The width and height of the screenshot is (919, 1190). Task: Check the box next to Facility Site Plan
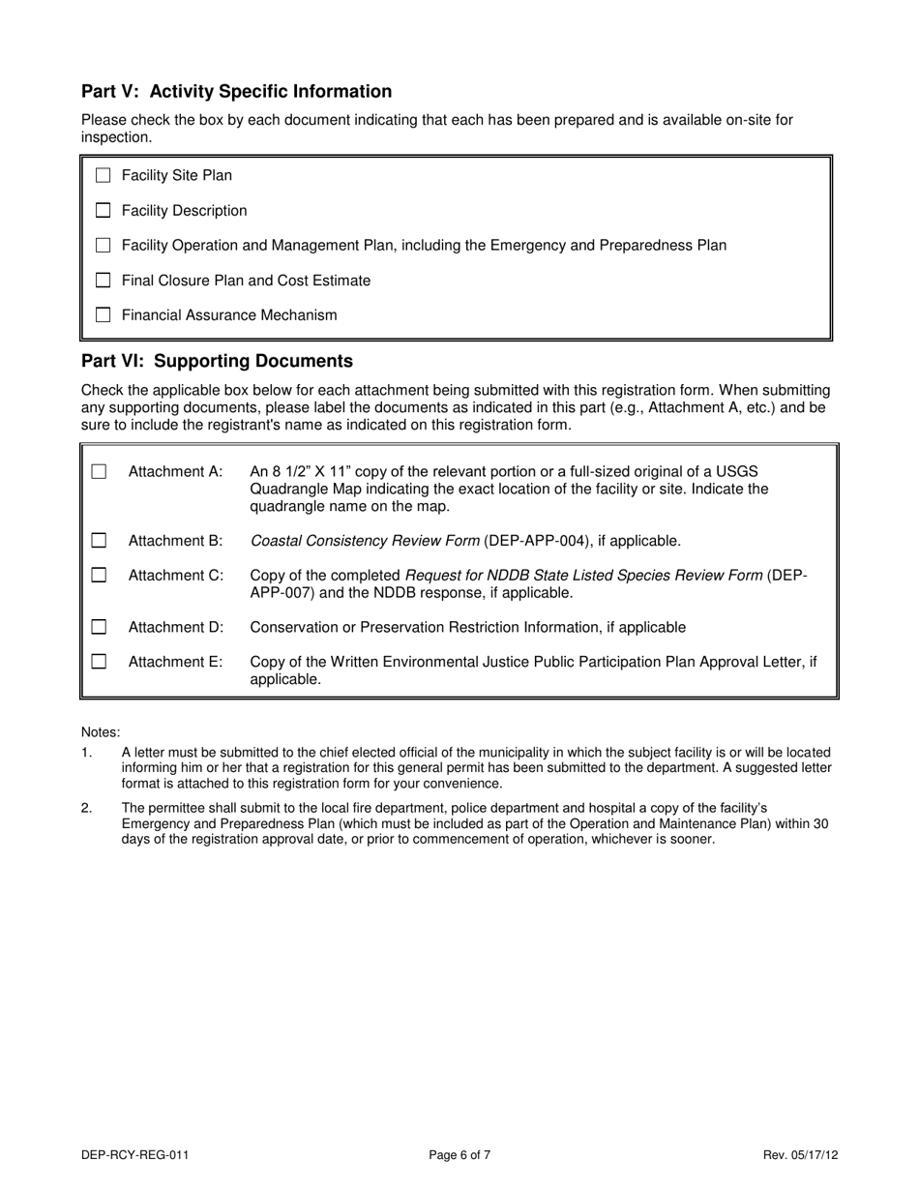tap(104, 176)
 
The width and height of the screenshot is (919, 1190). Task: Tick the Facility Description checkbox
tap(104, 211)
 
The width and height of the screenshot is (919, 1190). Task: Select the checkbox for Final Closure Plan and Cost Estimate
tap(104, 281)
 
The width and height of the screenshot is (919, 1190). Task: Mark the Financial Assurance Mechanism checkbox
tap(104, 315)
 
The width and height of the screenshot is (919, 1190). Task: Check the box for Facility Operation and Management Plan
tap(104, 246)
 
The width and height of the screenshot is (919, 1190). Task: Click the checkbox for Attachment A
tap(99, 472)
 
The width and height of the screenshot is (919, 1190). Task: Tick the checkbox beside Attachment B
tap(99, 541)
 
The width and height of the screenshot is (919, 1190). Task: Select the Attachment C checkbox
tap(99, 576)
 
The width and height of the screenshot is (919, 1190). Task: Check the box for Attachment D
tap(99, 628)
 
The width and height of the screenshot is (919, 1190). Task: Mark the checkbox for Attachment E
tap(99, 663)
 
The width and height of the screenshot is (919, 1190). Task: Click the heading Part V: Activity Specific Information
tap(236, 92)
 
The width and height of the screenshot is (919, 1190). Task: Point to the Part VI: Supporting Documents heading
tap(217, 361)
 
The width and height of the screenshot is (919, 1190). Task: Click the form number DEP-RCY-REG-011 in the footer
tap(134, 1154)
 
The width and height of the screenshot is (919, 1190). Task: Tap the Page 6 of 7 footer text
tap(459, 1154)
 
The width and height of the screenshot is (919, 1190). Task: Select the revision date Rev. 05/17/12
tap(800, 1154)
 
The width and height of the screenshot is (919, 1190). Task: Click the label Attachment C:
tap(175, 576)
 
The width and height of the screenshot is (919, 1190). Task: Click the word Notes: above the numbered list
tap(101, 732)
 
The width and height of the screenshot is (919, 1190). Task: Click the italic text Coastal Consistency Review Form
tap(365, 541)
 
